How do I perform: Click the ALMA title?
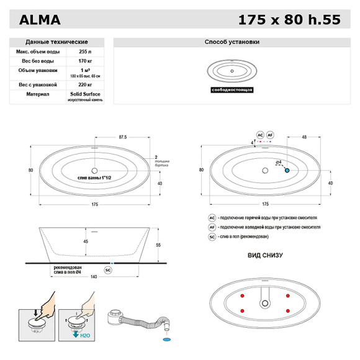(x=40, y=19)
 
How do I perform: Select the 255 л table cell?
(x=85, y=52)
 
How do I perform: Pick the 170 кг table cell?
(x=85, y=61)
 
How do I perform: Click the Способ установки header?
(x=232, y=42)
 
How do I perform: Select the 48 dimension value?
(x=304, y=137)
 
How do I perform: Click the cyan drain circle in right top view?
(x=287, y=169)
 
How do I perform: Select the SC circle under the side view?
(x=108, y=270)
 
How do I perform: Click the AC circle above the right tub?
(x=261, y=134)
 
